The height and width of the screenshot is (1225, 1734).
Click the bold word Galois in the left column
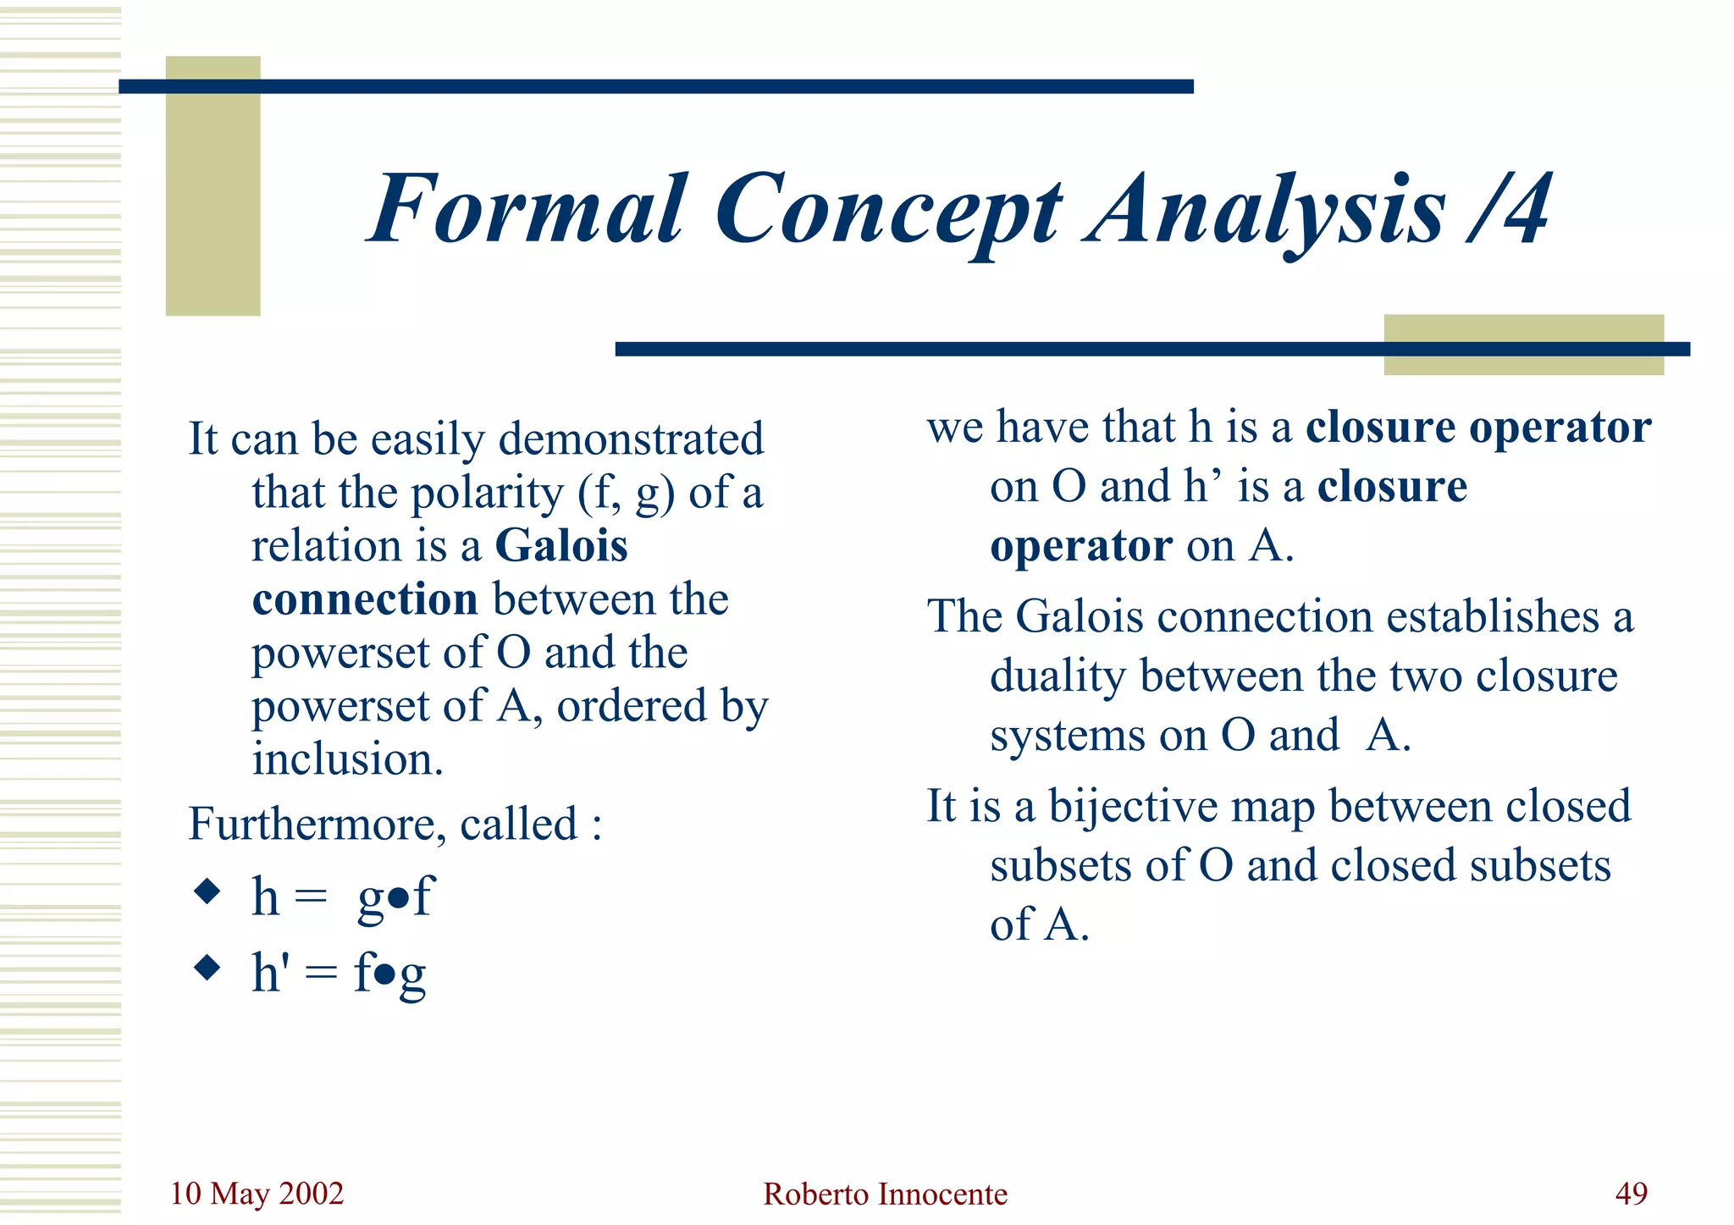(561, 545)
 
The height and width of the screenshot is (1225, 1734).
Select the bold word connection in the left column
(365, 599)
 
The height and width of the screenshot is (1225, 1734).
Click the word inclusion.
(347, 759)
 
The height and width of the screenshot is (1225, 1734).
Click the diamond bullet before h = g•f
(207, 891)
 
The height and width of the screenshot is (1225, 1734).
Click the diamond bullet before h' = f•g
(207, 967)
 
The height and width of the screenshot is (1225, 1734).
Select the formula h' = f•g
(339, 973)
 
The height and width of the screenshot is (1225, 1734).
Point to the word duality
(1058, 676)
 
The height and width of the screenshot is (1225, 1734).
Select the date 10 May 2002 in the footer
(257, 1194)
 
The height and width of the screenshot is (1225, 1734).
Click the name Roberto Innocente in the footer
(885, 1195)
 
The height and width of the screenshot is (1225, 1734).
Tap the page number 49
(1631, 1194)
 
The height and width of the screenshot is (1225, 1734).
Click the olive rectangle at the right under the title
(1523, 330)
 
